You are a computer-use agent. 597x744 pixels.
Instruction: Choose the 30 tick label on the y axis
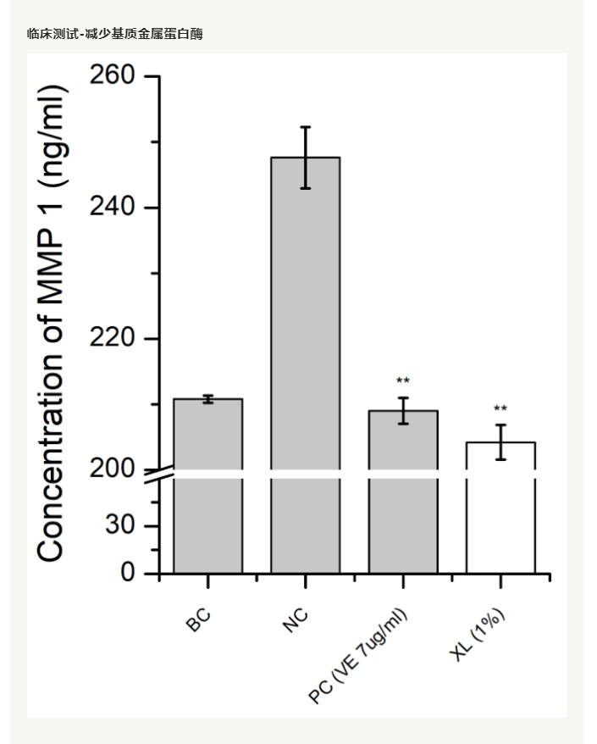122,526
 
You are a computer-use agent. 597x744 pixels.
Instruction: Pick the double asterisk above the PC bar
403,381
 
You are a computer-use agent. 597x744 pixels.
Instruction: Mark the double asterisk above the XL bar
500,408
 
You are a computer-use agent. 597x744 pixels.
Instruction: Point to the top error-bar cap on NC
305,127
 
